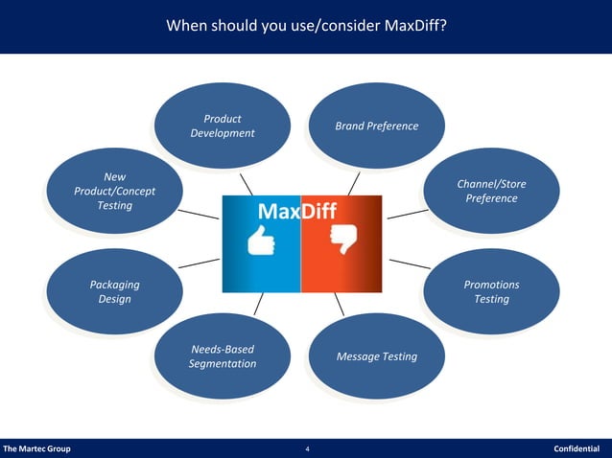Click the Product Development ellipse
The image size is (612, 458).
coord(223,126)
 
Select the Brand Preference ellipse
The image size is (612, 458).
coord(376,126)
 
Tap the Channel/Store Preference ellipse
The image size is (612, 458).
coord(491,191)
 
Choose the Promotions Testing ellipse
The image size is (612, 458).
coord(491,292)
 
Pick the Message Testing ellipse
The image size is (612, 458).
coord(376,356)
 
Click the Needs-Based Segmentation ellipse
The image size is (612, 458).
coord(223,356)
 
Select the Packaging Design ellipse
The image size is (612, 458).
coord(114,292)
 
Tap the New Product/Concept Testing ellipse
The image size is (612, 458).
coord(114,191)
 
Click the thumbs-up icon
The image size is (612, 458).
coord(261,243)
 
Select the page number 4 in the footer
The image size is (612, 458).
coord(306,448)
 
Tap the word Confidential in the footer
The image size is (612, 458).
coord(576,448)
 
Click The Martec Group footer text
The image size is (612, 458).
coord(36,448)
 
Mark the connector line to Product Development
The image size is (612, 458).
coord(247,183)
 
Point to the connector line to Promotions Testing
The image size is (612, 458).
coord(409,263)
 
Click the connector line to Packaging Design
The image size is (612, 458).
coord(199,262)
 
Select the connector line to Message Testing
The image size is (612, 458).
coord(341,305)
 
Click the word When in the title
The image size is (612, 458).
coord(189,25)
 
